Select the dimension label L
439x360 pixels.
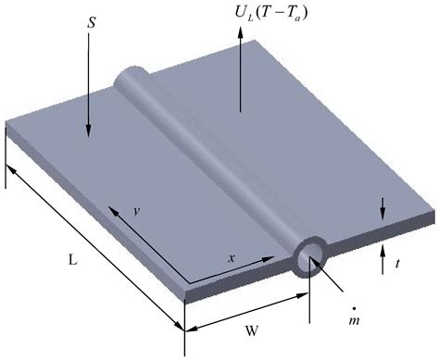click(x=71, y=262)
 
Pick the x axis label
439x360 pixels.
click(x=232, y=257)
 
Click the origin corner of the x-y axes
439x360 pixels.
click(x=190, y=282)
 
